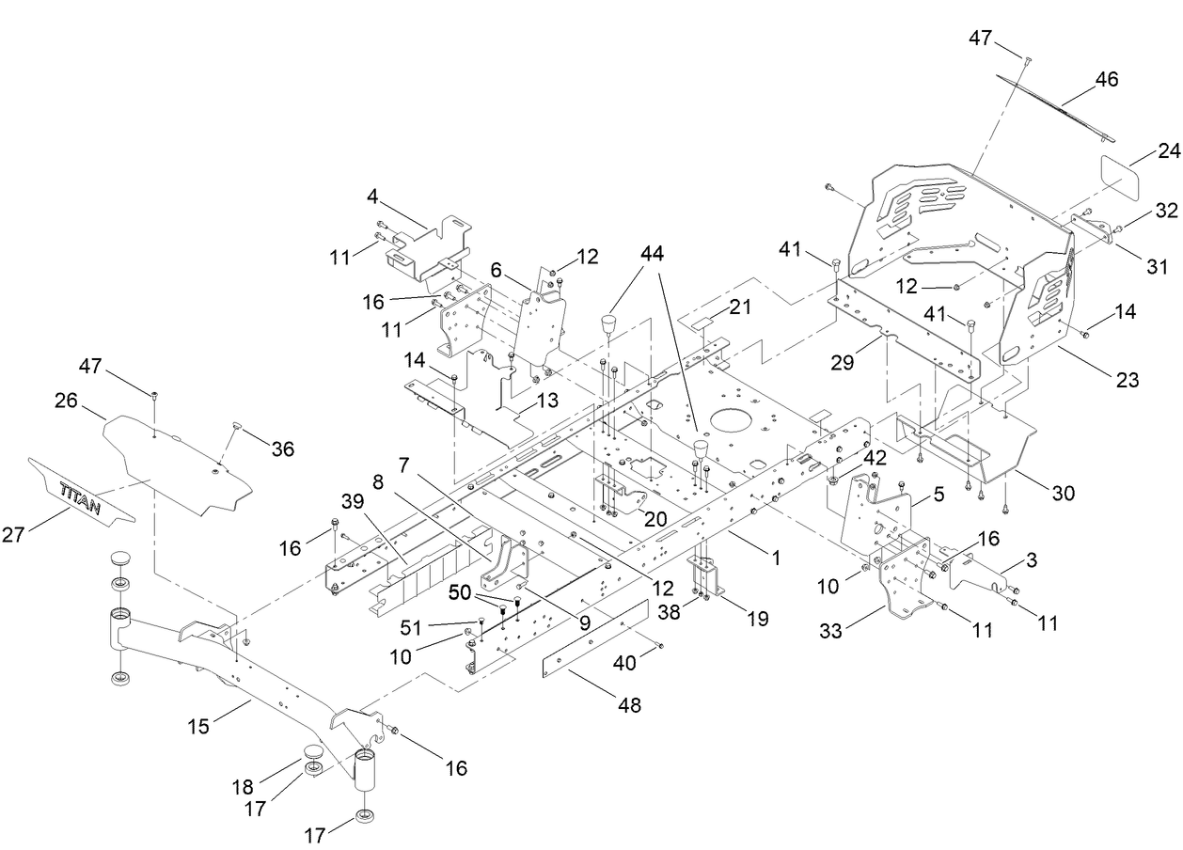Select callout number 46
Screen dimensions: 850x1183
pyautogui.click(x=1106, y=80)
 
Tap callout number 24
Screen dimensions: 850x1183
pyautogui.click(x=1143, y=150)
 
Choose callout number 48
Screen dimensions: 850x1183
pyautogui.click(x=628, y=705)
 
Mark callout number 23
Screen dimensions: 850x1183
pyautogui.click(x=1128, y=381)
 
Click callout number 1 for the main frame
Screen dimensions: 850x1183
pyautogui.click(x=776, y=558)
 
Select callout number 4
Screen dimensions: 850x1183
pyautogui.click(x=372, y=197)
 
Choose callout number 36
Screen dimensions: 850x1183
pyautogui.click(x=281, y=450)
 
